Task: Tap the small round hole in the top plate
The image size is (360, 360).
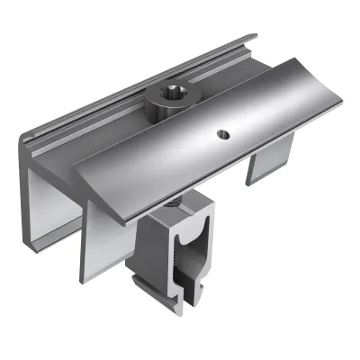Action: pos(223,135)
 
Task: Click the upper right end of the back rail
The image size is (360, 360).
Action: pos(255,38)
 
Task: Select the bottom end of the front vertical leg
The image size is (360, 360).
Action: pos(95,274)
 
